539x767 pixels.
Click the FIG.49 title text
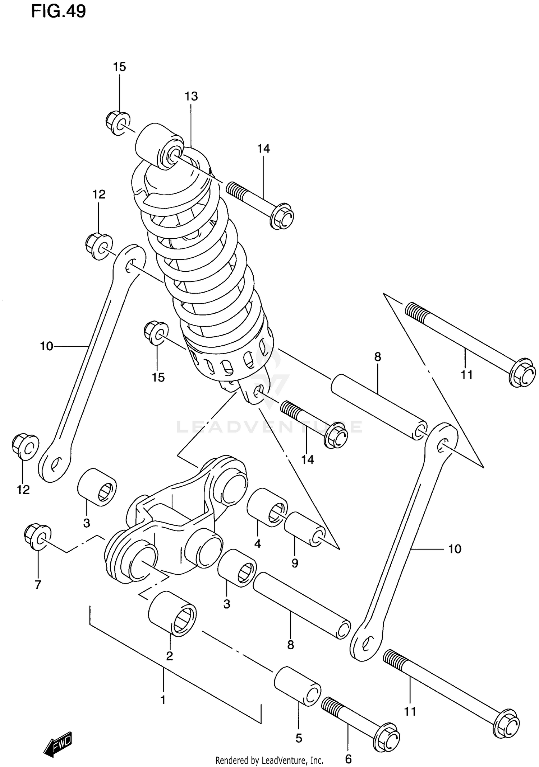click(59, 11)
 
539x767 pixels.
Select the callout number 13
click(191, 96)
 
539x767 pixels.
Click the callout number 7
click(38, 585)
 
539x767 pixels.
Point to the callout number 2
click(169, 656)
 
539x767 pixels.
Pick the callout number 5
click(299, 738)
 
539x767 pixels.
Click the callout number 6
click(348, 759)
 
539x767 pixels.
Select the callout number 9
click(295, 563)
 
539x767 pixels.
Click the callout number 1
click(163, 700)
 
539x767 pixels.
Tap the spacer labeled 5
click(298, 686)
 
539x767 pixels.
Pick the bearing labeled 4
click(267, 507)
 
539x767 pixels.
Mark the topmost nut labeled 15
click(118, 123)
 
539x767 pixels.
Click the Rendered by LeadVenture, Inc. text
click(269, 760)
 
